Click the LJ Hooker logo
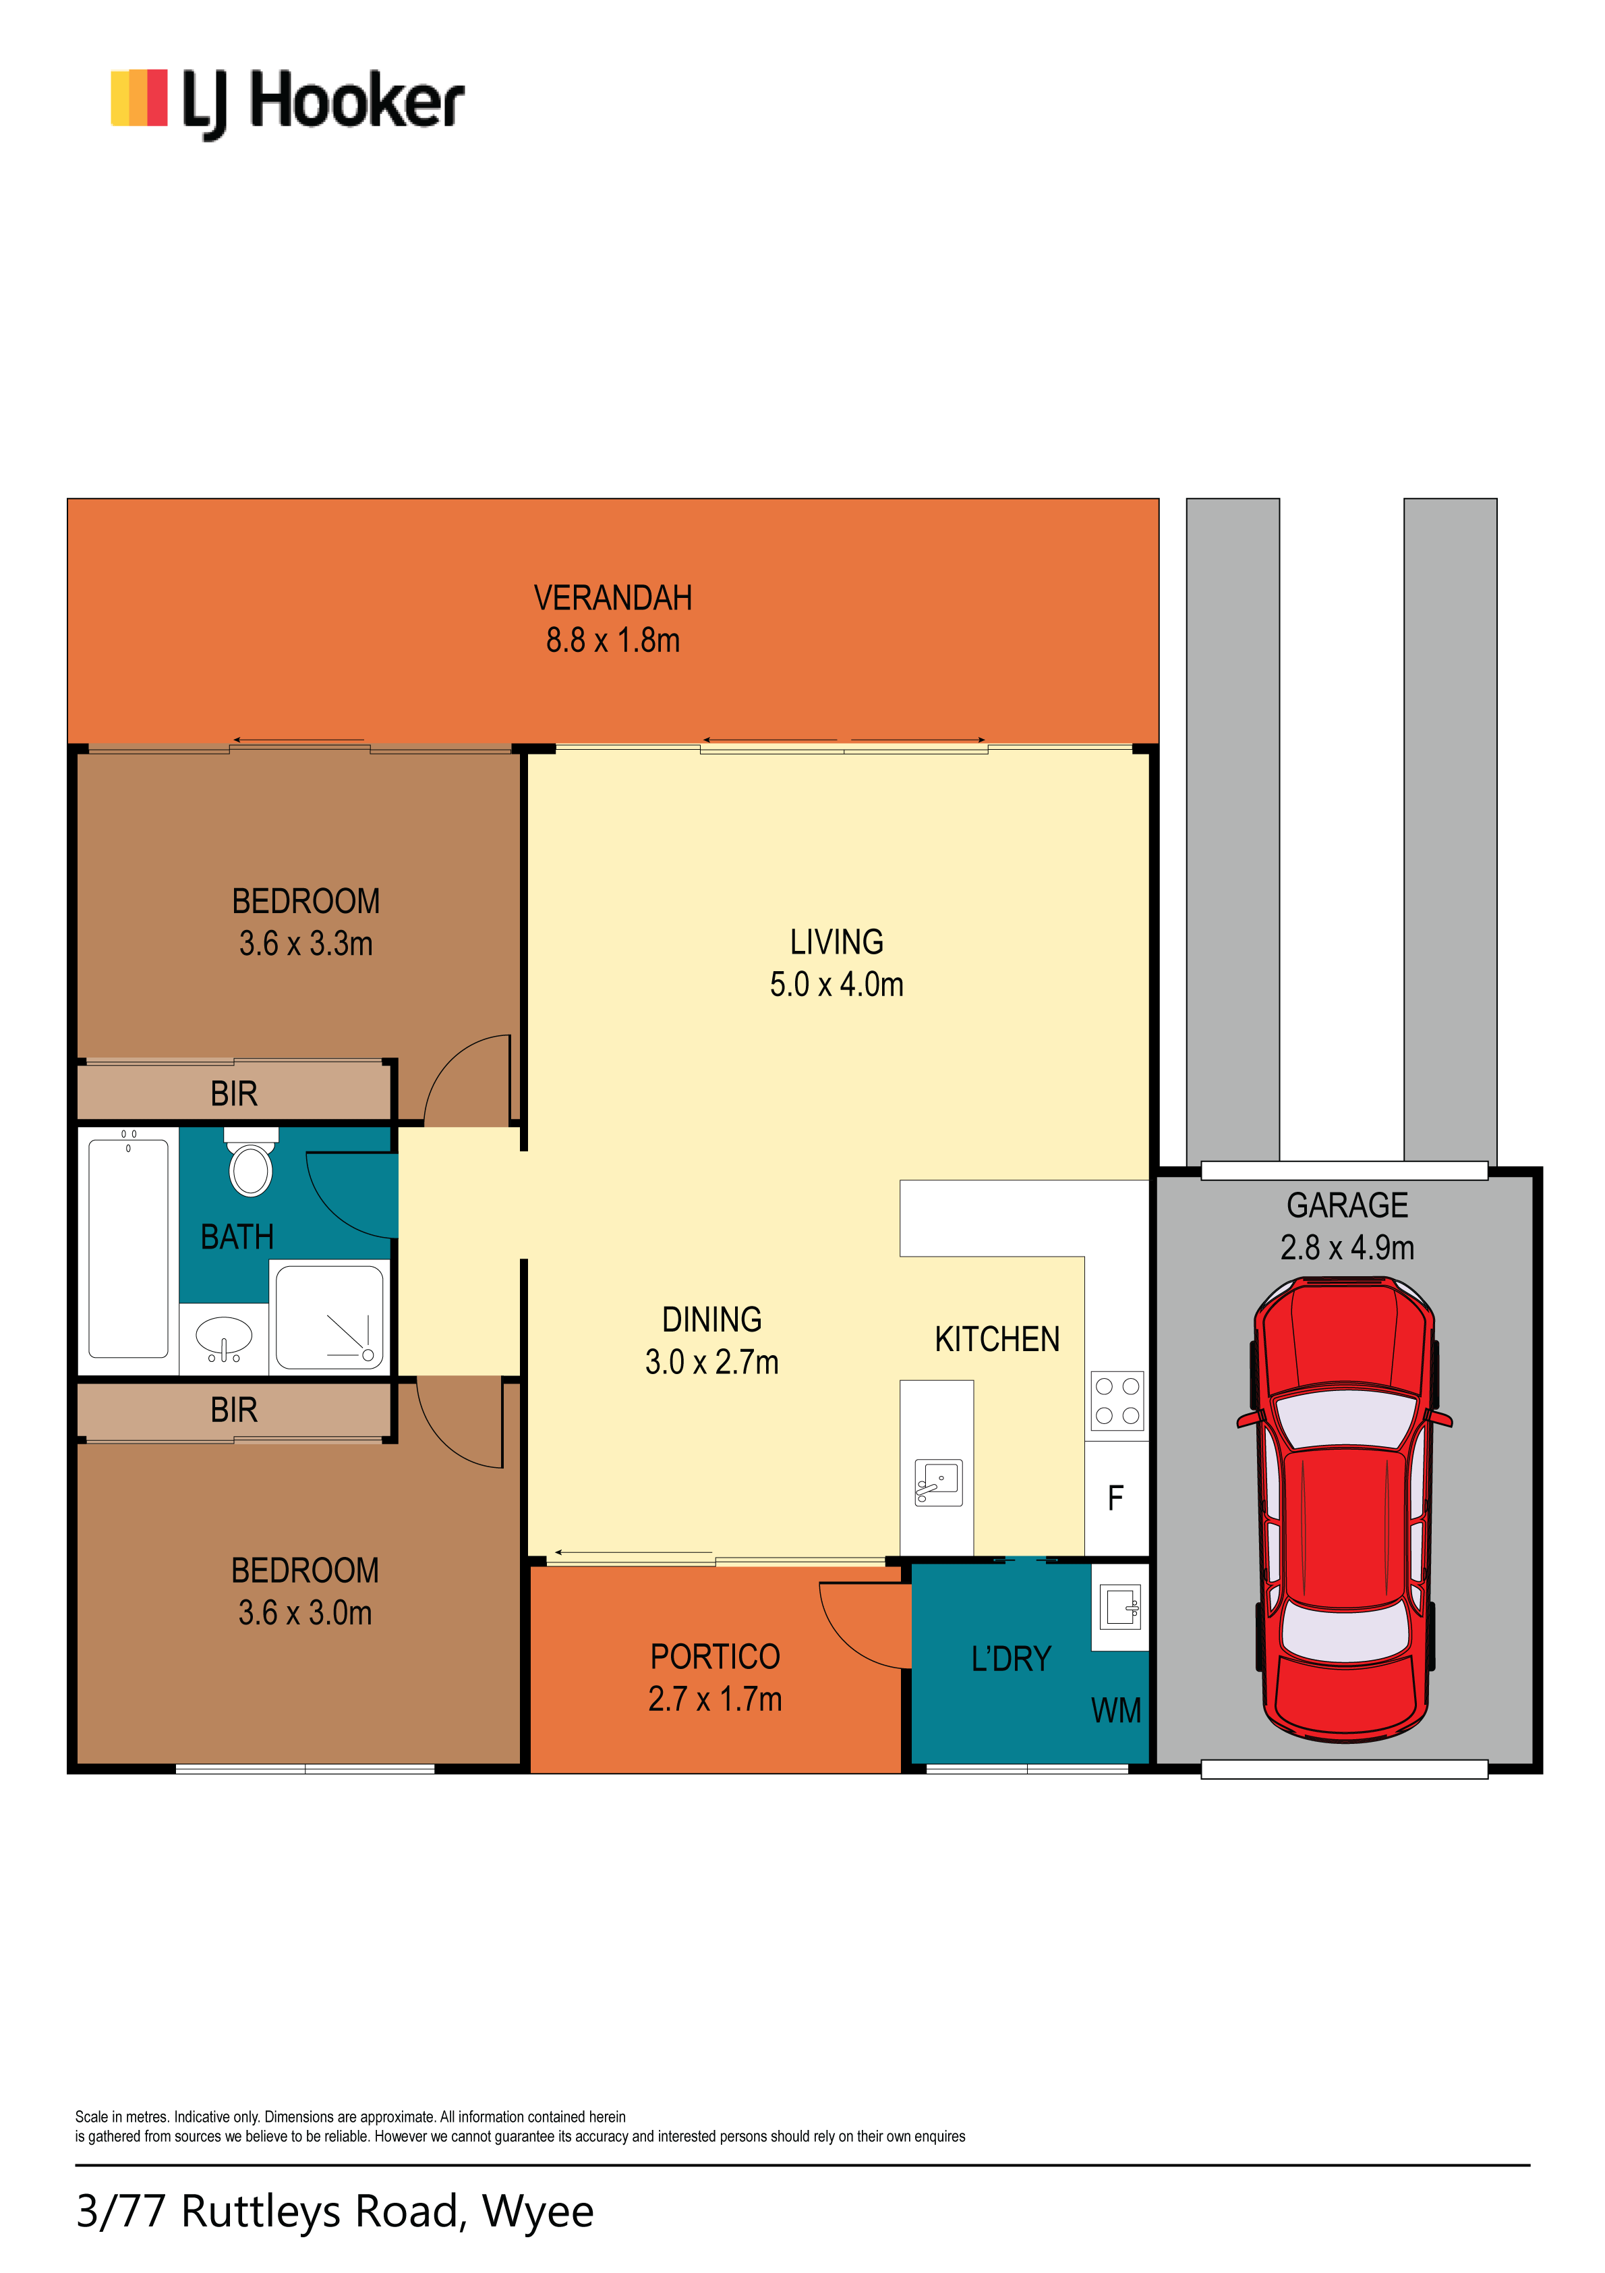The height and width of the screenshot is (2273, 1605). coord(287,103)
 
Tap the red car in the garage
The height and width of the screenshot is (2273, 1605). coord(1344,1509)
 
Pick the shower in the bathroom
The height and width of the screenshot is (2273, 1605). coord(328,1317)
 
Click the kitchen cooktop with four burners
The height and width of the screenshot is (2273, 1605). coord(1117,1401)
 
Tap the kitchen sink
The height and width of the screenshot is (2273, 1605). coord(938,1483)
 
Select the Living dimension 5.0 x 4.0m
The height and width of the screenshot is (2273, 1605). coord(836,984)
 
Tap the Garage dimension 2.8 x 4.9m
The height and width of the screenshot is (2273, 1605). coord(1347,1247)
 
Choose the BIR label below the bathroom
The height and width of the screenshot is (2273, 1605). coord(233,1410)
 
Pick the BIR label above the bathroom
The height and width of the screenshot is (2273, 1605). coord(233,1094)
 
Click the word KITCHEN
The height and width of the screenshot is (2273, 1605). coord(997,1340)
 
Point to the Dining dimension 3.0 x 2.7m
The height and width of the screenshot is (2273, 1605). coord(711,1362)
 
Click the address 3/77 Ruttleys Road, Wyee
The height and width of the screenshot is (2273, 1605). coord(334,2212)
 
